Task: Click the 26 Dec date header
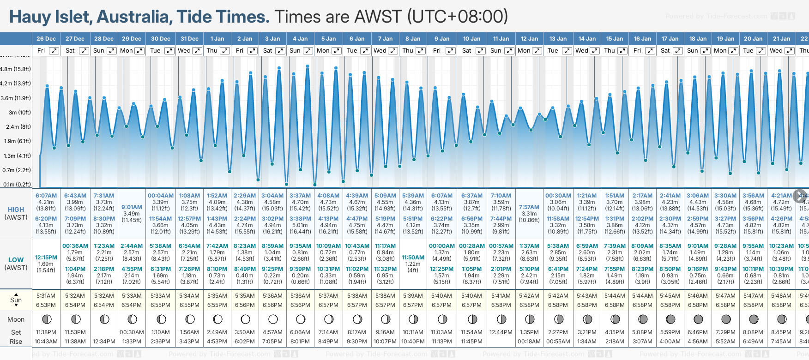46,39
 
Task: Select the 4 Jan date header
300,39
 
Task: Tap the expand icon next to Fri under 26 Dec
54,51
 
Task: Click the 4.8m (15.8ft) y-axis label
16,69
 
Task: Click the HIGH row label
16,210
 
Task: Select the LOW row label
16,260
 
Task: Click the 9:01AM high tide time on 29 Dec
132,207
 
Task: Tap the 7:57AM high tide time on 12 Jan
529,207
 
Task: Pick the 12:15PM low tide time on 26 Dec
46,258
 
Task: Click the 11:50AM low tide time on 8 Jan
413,258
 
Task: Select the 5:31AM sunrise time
46,296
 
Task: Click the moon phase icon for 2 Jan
245,319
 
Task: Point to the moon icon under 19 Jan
726,319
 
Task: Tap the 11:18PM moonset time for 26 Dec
46,332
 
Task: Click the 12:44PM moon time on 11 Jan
501,332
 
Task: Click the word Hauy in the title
30,17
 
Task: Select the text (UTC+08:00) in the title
457,17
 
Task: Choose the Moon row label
16,319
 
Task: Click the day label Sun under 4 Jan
295,51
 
